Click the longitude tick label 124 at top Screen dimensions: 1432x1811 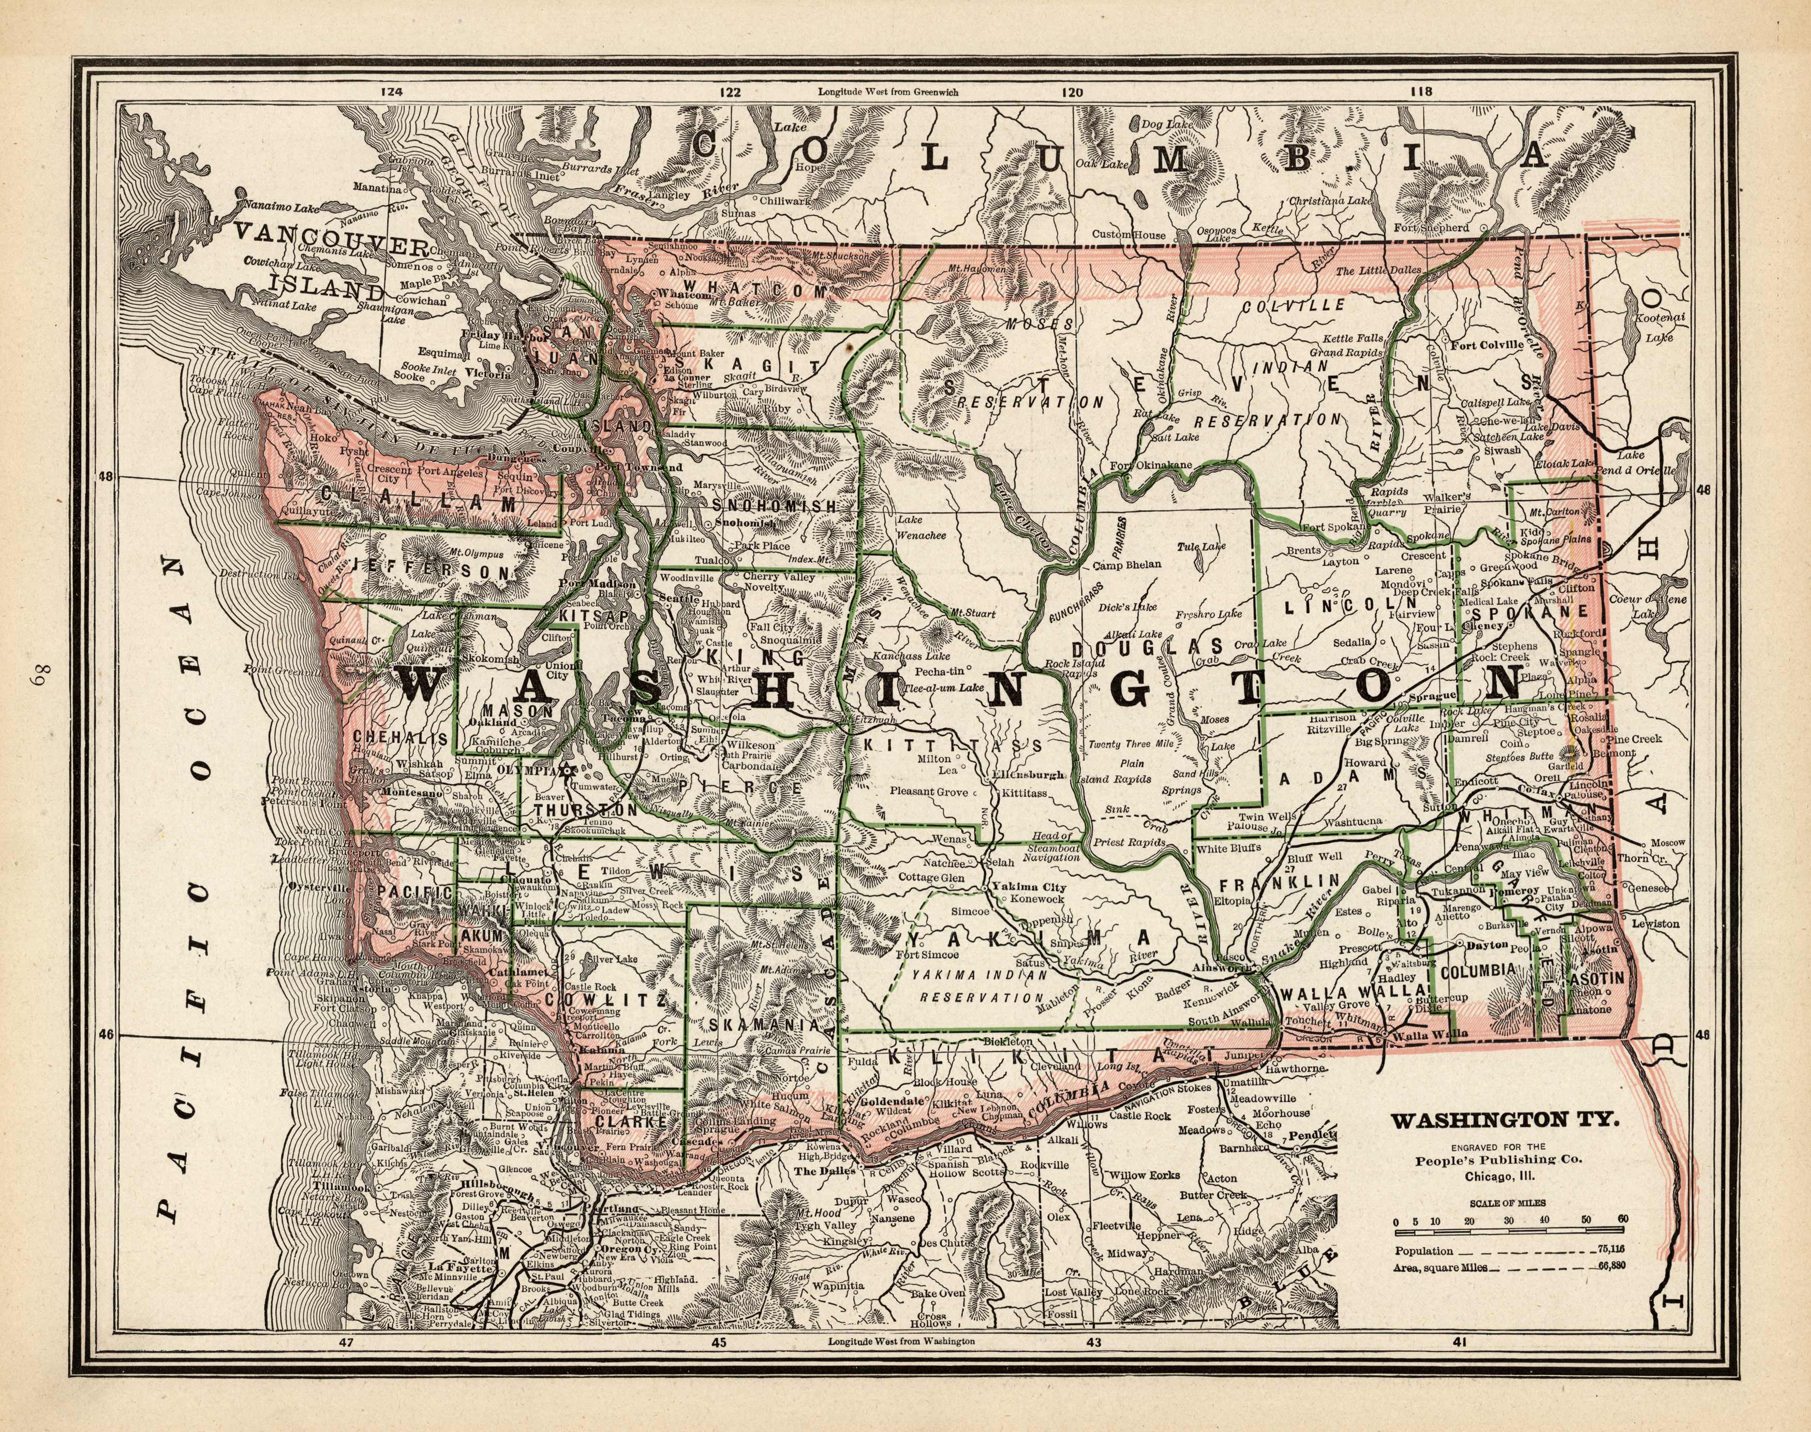[391, 92]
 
